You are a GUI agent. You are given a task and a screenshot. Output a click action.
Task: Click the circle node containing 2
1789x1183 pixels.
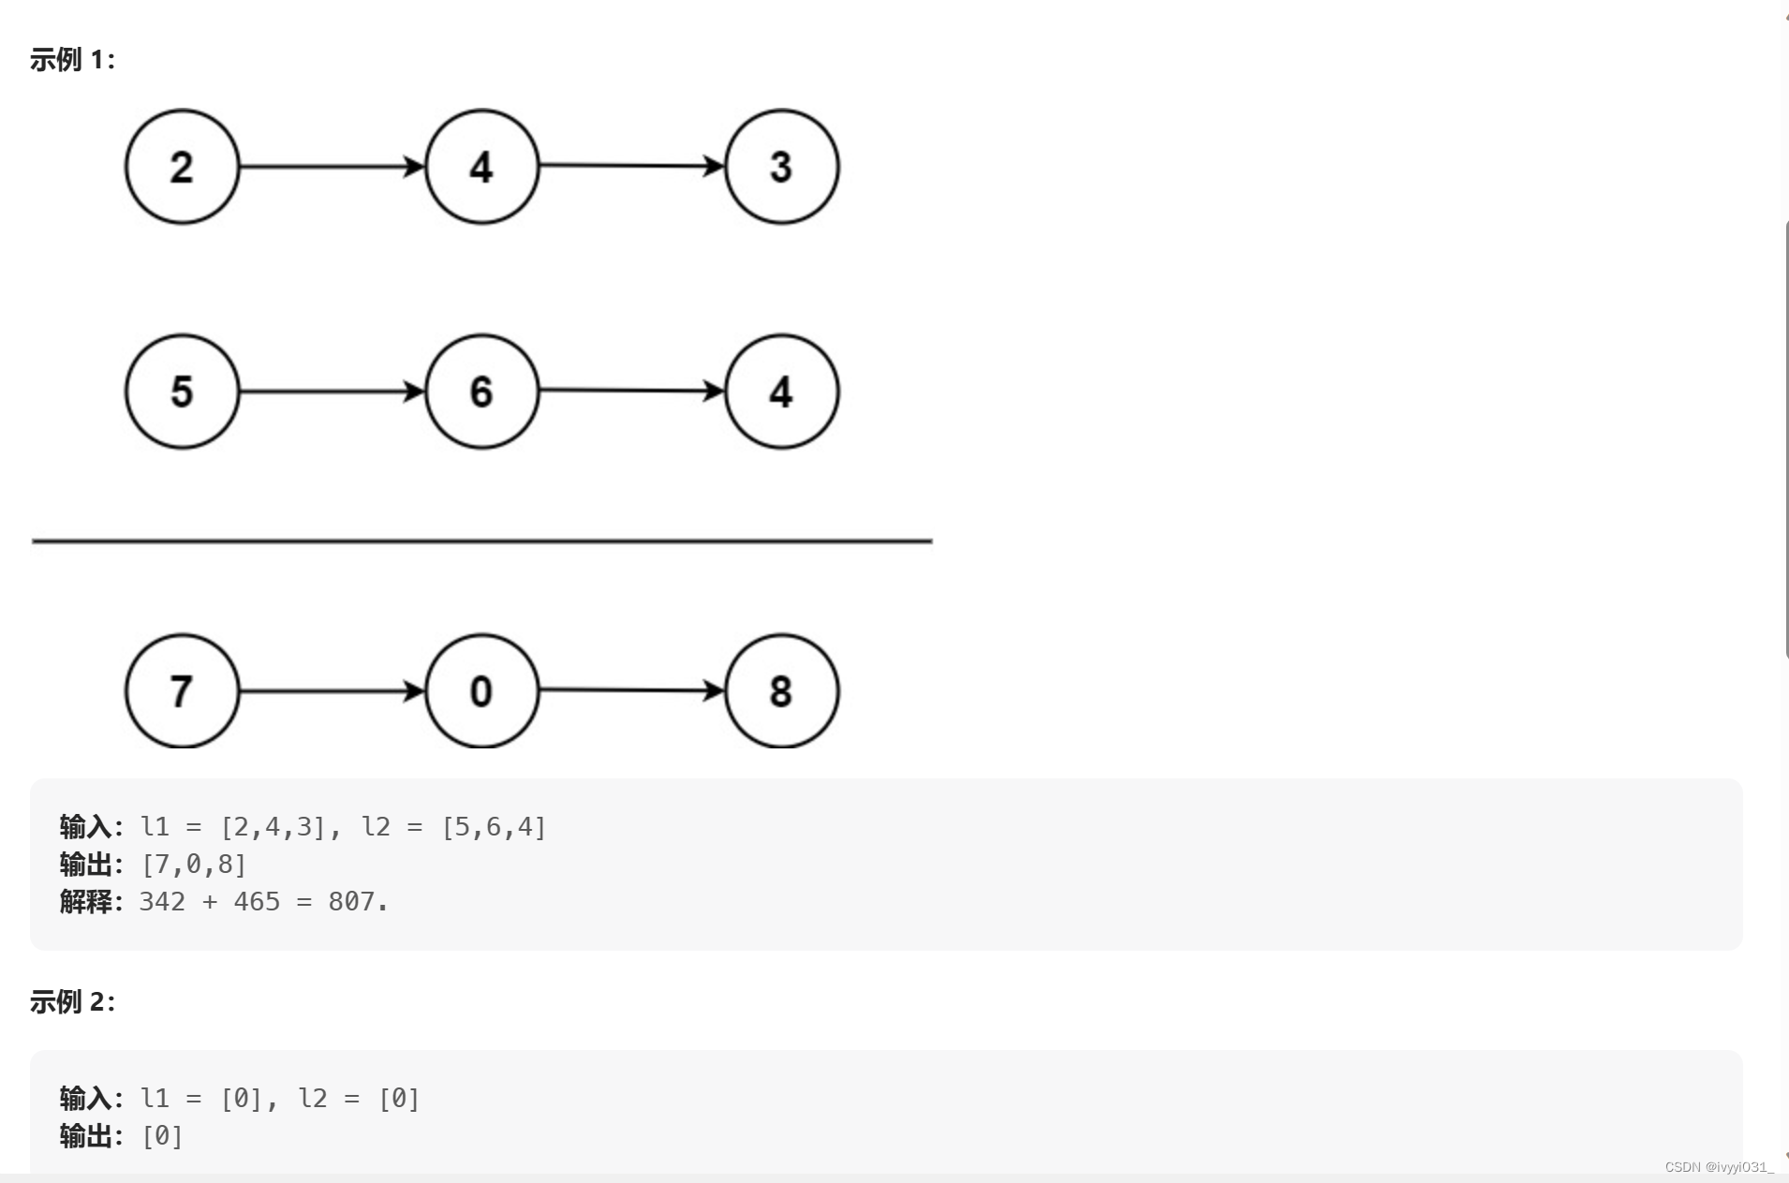click(183, 167)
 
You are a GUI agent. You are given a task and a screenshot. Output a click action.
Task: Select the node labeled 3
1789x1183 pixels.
click(782, 167)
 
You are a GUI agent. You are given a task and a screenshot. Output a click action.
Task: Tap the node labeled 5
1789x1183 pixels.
click(183, 392)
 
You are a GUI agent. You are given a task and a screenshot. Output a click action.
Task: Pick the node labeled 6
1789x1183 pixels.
click(482, 392)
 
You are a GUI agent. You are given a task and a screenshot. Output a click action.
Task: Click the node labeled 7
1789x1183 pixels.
click(183, 691)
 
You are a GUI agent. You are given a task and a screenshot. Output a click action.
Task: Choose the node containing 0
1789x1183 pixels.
click(482, 691)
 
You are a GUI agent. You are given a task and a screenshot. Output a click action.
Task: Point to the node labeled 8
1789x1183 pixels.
click(782, 691)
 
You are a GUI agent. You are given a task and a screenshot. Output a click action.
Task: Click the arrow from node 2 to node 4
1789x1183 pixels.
click(333, 167)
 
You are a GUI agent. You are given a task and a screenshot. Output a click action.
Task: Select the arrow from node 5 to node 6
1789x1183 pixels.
click(333, 392)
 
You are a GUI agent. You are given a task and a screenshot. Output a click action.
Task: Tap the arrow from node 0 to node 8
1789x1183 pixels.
click(632, 690)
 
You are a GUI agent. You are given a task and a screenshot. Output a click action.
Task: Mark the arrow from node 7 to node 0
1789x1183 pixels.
click(333, 691)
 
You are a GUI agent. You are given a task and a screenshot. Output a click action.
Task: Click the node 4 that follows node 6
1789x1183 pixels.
click(782, 392)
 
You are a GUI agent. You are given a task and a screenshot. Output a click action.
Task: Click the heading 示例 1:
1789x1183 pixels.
click(72, 60)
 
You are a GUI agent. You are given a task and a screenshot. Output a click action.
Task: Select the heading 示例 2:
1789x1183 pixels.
click(72, 1002)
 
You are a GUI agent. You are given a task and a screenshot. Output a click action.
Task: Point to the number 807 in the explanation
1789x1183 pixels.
click(351, 902)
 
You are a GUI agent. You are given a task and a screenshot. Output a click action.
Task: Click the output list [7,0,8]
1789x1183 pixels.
click(194, 865)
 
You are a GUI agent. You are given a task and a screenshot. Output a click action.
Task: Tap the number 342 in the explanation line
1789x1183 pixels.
click(162, 902)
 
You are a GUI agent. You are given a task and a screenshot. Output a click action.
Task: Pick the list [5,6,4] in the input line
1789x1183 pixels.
click(494, 827)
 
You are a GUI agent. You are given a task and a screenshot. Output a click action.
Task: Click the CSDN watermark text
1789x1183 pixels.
click(1719, 1167)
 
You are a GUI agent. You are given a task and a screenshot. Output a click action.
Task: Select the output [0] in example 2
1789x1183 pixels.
click(162, 1136)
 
